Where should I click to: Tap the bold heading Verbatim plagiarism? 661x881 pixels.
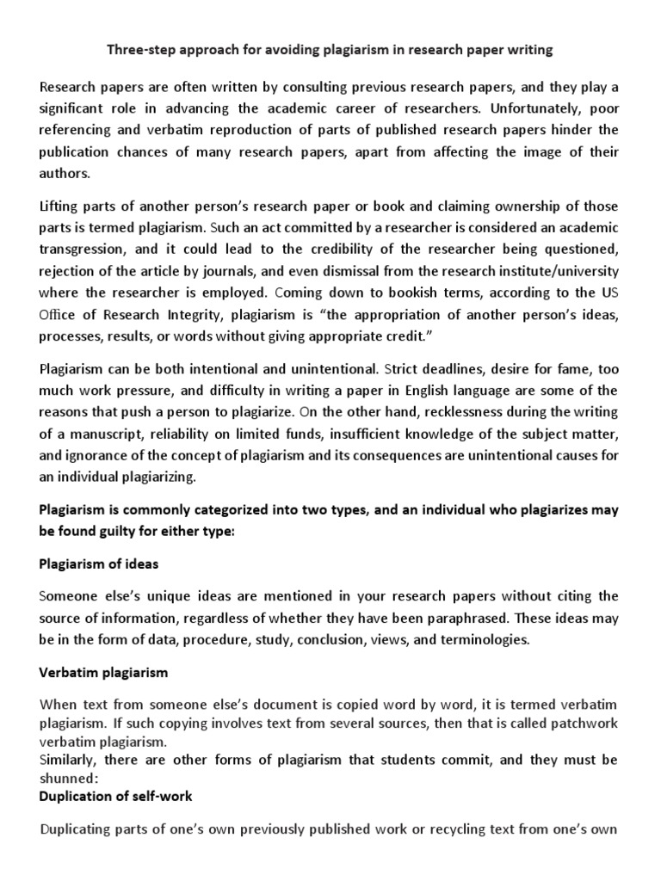(x=103, y=671)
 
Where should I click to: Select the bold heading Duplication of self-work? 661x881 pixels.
(x=115, y=797)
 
